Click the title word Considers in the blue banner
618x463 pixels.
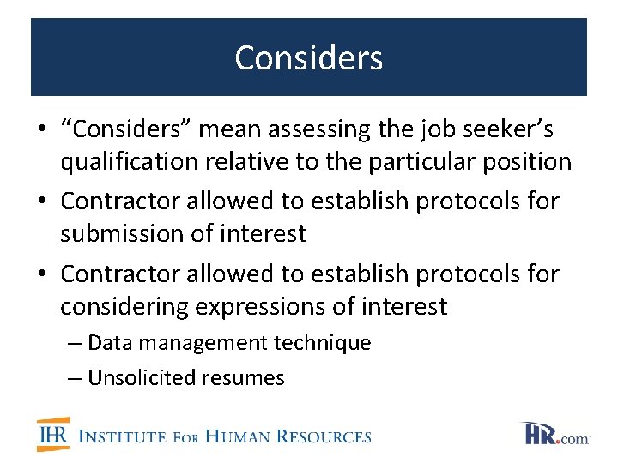pos(308,58)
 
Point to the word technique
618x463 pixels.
pos(323,343)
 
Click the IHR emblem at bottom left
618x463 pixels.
pos(52,435)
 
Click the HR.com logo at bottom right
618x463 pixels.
pos(554,434)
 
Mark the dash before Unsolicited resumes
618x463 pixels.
pos(76,377)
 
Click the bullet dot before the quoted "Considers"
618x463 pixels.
pos(41,130)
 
